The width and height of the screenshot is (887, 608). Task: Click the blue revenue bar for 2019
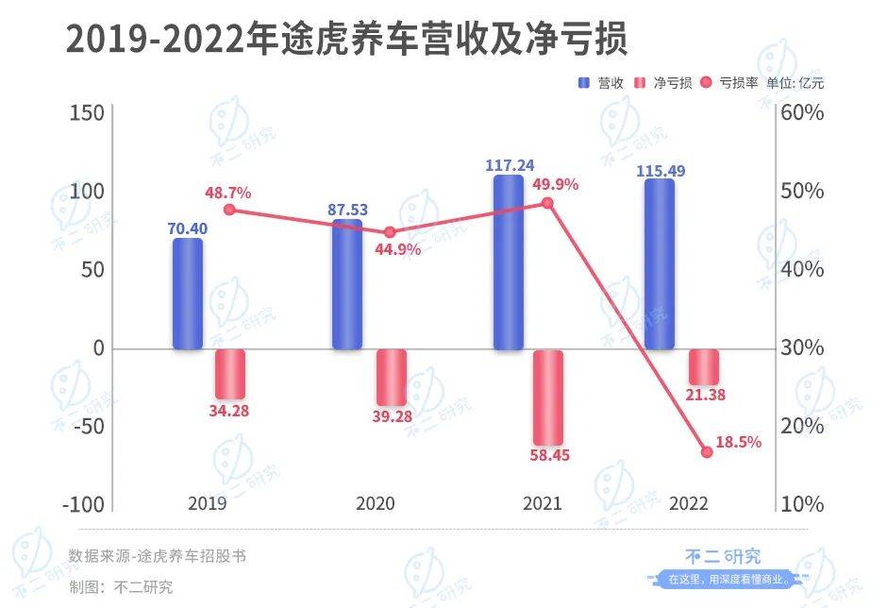pyautogui.click(x=188, y=294)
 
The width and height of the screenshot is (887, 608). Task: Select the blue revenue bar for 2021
pyautogui.click(x=509, y=262)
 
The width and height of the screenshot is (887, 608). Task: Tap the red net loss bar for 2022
pyautogui.click(x=704, y=366)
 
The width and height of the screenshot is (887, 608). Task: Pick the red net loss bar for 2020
pyautogui.click(x=392, y=378)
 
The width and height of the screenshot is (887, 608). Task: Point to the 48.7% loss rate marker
pyautogui.click(x=229, y=210)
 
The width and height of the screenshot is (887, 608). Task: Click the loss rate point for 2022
pyautogui.click(x=707, y=452)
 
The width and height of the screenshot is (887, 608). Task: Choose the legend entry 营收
pyautogui.click(x=601, y=82)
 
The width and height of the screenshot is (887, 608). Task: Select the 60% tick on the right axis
pyautogui.click(x=802, y=113)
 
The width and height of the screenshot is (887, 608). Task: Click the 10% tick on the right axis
pyautogui.click(x=802, y=505)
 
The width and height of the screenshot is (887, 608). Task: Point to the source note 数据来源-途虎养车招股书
pyautogui.click(x=158, y=556)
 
